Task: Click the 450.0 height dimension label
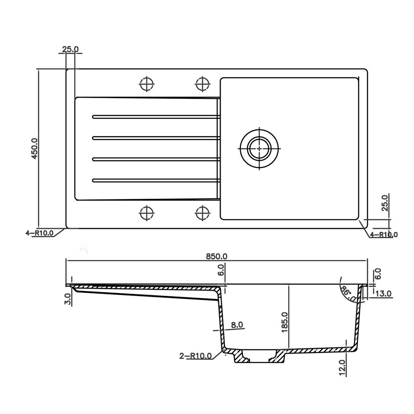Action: (x=35, y=148)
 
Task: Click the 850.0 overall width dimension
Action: (x=217, y=256)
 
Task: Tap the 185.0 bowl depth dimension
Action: (x=285, y=322)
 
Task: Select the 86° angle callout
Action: (x=348, y=294)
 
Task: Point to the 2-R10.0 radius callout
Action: (x=196, y=356)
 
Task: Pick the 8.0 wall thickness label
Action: (x=237, y=325)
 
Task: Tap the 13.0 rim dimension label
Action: (x=383, y=294)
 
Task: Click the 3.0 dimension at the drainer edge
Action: (x=68, y=299)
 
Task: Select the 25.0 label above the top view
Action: (x=70, y=49)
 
